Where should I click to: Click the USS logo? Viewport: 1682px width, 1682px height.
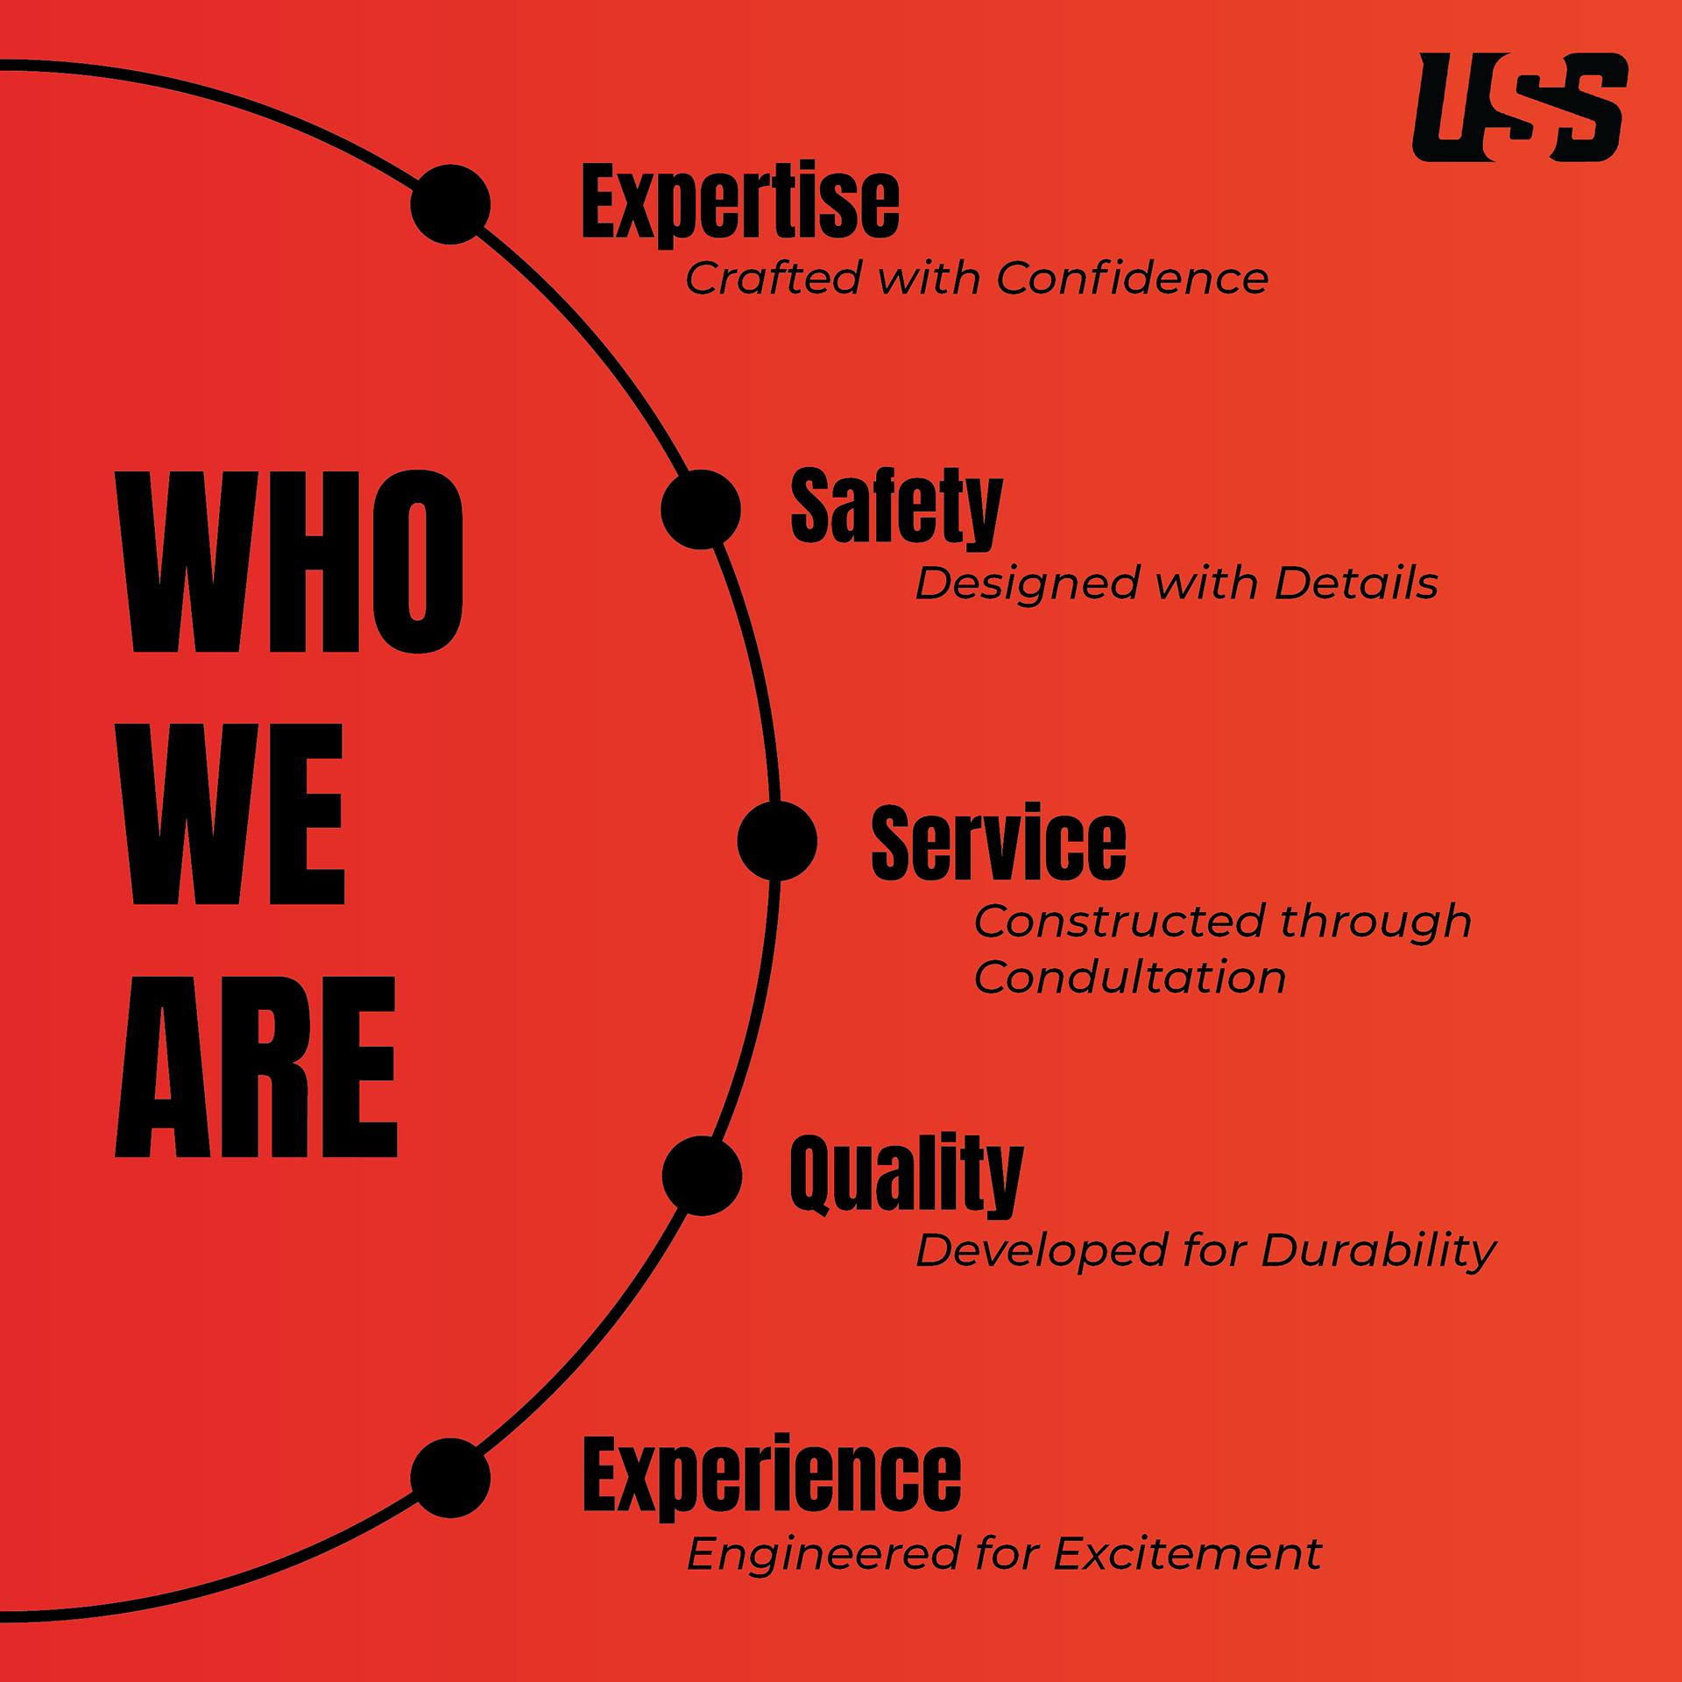1520,108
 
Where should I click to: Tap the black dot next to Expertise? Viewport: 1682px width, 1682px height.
450,204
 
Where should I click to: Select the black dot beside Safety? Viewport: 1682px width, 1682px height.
701,509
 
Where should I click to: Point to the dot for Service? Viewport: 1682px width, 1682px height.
777,841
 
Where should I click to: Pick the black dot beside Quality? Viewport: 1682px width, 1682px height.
702,1176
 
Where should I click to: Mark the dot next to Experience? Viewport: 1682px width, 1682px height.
450,1478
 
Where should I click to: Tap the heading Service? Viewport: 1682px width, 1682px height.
999,843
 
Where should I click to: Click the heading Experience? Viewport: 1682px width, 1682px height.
772,1477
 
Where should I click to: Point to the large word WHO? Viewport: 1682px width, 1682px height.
289,562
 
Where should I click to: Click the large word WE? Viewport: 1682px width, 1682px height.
230,814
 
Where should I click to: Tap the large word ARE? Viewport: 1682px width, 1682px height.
256,1066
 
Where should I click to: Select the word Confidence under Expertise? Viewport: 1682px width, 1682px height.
1132,279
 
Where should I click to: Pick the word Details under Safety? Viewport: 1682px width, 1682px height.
1356,583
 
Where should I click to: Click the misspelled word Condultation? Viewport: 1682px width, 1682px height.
1130,977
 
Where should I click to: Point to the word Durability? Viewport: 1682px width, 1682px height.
1379,1251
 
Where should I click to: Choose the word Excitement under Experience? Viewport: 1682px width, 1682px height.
1187,1554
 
